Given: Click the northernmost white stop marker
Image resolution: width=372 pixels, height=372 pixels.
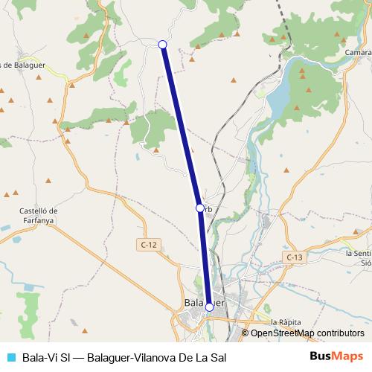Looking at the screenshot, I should coord(162,45).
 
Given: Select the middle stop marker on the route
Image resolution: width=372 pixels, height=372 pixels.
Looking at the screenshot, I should coord(199,208).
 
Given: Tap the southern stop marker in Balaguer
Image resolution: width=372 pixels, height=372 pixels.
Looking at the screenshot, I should coord(209,307).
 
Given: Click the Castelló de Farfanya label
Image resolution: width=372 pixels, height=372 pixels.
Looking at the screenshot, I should coord(38,214).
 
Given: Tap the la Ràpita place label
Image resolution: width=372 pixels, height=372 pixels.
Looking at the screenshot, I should coord(286,321).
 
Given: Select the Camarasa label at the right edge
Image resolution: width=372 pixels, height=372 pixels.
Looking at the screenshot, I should coord(358,53).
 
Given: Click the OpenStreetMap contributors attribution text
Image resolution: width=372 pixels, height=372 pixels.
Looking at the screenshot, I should coord(307,333).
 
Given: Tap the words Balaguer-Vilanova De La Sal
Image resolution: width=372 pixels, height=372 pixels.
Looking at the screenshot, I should coord(156,356).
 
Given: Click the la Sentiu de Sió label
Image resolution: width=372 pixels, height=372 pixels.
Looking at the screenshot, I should coord(359,257).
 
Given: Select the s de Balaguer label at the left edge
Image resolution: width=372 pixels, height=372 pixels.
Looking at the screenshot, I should coord(22,65).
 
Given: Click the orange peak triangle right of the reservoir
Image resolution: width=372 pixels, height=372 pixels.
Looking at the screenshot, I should coord(301,72).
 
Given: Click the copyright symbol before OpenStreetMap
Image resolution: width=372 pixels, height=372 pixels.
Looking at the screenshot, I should coord(246,333).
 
